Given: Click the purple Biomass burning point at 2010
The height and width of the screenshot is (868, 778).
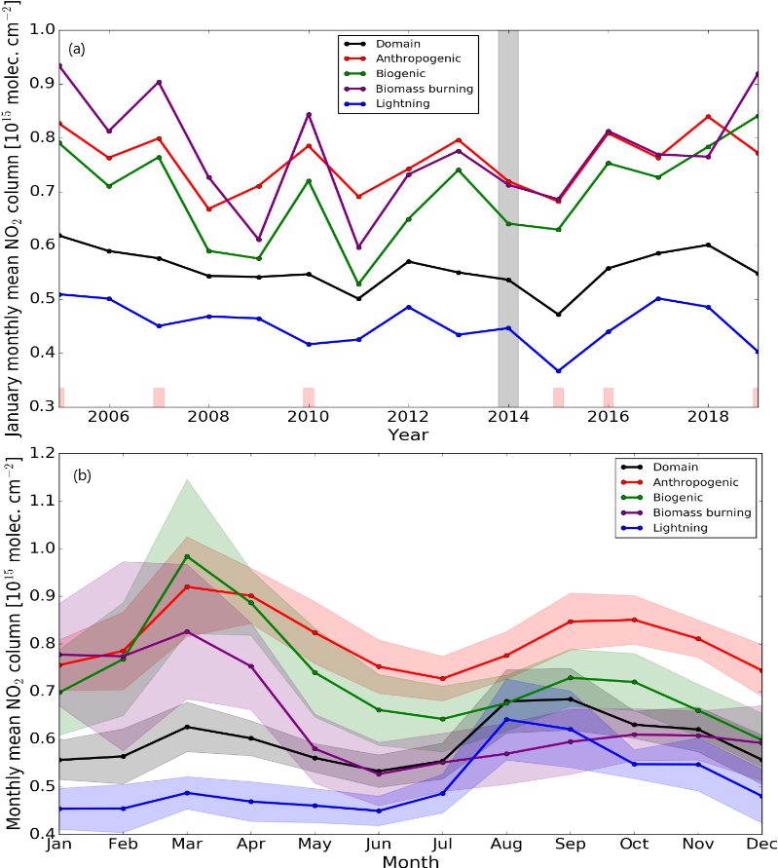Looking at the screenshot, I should tap(309, 115).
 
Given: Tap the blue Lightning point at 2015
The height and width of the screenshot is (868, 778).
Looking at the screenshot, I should tap(558, 371).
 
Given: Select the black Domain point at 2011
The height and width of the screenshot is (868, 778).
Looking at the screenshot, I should tap(358, 299).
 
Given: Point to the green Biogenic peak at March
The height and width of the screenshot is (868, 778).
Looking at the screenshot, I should tap(187, 556).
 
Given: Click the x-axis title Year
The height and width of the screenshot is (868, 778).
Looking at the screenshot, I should tap(407, 434).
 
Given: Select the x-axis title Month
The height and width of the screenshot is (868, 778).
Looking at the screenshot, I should tap(409, 861).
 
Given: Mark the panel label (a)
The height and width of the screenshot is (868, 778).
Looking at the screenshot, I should tap(76, 48).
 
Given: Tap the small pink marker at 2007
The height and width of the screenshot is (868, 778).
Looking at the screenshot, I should tap(159, 397).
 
